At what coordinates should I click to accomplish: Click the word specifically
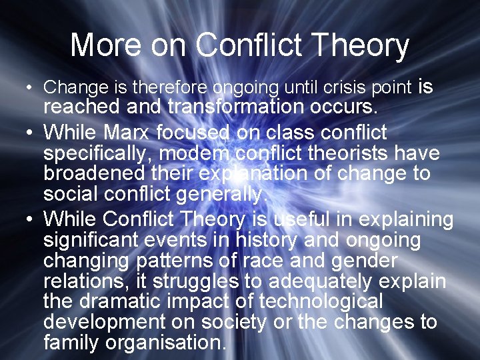[98, 153]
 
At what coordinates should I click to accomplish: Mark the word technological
[321, 301]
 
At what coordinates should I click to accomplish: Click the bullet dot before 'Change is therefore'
[23, 88]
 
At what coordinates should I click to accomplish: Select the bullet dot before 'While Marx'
[23, 133]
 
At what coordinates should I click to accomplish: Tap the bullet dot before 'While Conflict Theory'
[23, 219]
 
